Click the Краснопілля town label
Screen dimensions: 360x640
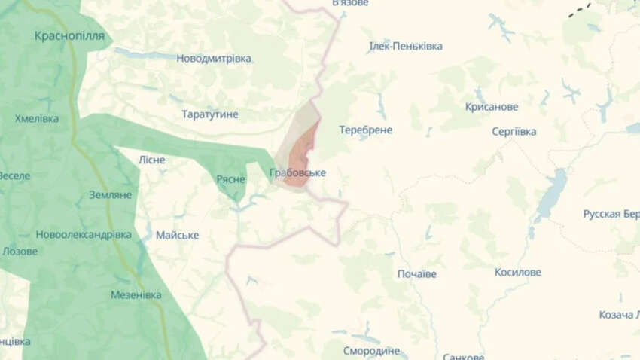(69, 35)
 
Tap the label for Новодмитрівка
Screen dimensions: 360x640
(214, 59)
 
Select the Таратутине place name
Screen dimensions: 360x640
(210, 114)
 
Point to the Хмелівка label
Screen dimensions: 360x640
(36, 119)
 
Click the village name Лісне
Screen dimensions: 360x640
(152, 160)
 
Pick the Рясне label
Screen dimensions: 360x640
(230, 178)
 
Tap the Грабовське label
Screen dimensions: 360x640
(297, 173)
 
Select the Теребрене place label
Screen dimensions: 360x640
(365, 130)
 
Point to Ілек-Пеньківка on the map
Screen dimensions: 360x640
(405, 47)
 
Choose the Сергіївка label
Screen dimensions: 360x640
(514, 132)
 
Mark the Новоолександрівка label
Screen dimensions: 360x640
(84, 234)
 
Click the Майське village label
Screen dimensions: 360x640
(177, 235)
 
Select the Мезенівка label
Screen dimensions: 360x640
(136, 294)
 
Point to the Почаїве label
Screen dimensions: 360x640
(416, 273)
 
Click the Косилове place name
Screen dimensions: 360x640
(518, 272)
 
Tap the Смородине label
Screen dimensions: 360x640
(370, 351)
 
